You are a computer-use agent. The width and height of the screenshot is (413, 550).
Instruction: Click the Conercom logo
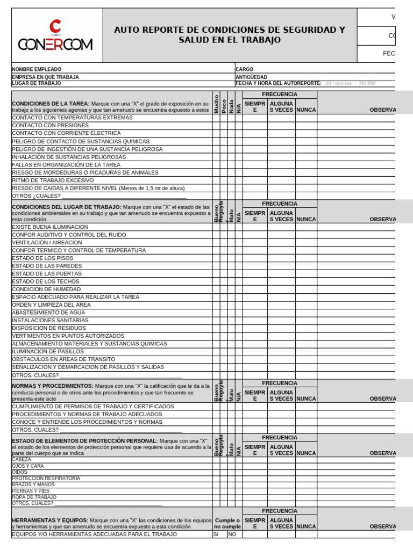(55, 36)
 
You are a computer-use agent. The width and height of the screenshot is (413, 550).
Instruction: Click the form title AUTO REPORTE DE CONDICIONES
(230, 35)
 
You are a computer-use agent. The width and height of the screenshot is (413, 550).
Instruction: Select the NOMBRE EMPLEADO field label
(37, 70)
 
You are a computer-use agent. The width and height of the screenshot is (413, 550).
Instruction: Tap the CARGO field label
(244, 70)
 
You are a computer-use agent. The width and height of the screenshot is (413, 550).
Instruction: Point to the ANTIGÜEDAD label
(251, 77)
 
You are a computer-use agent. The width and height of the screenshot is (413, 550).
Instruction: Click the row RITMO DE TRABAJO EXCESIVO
(53, 180)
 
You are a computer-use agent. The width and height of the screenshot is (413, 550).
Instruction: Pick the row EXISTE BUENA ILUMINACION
(49, 227)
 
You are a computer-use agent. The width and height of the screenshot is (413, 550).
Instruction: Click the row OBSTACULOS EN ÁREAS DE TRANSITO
(63, 359)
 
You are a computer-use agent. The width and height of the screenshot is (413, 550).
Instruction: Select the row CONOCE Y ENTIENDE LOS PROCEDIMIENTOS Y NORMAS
(87, 422)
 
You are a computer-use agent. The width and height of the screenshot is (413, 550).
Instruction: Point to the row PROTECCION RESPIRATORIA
(46, 479)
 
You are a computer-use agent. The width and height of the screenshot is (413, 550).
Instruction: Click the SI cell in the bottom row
(216, 534)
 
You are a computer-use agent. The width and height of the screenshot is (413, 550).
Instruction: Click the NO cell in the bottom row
(232, 534)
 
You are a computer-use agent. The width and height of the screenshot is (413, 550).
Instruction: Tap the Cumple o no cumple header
(227, 524)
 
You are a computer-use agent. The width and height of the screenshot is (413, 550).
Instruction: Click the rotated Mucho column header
(216, 103)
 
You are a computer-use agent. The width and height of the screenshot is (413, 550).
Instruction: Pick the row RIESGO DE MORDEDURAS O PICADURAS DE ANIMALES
(85, 172)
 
